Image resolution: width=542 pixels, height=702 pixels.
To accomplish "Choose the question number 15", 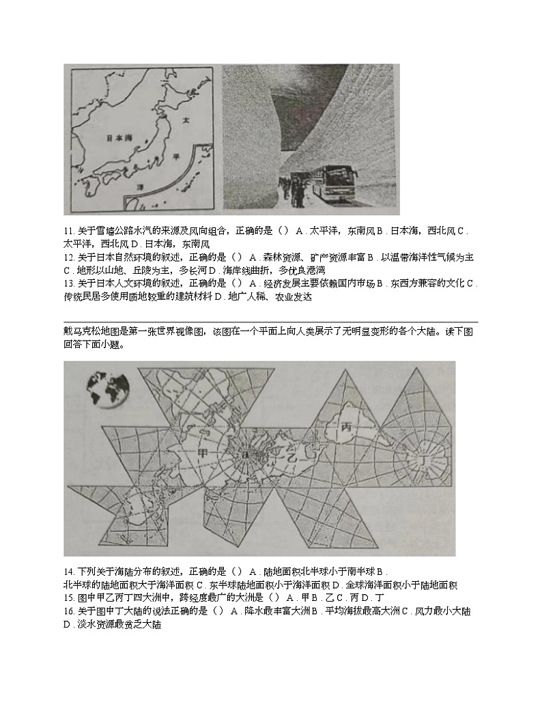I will click(68, 597).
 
